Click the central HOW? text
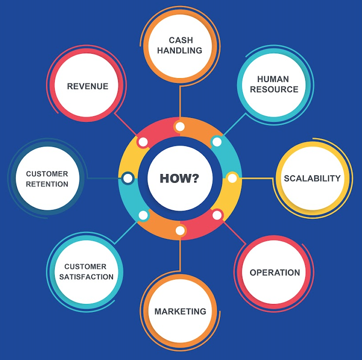coord(179,178)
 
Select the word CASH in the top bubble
coord(181,40)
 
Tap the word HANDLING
coord(179,51)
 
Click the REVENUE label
coord(87,86)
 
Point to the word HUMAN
coord(273,79)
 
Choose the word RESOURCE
coord(274,89)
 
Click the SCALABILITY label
coord(312,178)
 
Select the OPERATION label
coord(275,273)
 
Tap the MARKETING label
coord(180,311)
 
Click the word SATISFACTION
coord(89,277)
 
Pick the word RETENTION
coord(47,184)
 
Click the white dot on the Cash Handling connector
coord(179,126)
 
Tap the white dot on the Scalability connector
coord(232,178)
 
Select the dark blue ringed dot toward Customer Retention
coord(127,178)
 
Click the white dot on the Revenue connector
coord(143,142)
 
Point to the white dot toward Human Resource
coord(217,142)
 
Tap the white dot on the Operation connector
coord(217,215)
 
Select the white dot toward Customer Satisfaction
coord(143,215)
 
